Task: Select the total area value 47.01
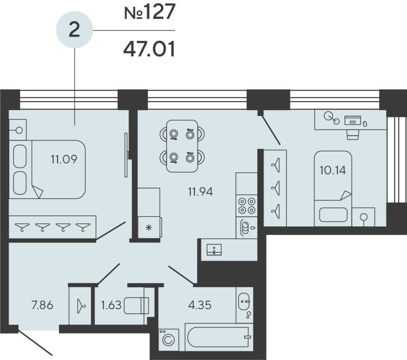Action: point(149,49)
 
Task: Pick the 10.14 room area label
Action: point(332,170)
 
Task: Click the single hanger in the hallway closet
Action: point(80,306)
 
